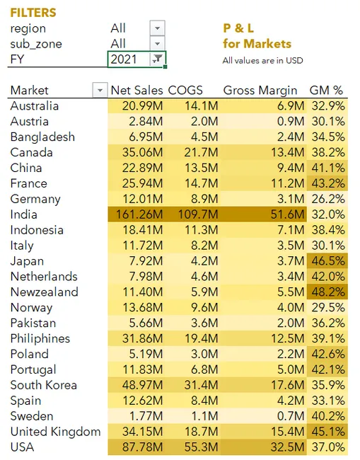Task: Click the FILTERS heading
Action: point(33,13)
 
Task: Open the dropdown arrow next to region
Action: point(157,28)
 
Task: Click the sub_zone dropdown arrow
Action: point(157,44)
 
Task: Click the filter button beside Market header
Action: point(98,91)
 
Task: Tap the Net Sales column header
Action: point(137,91)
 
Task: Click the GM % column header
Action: point(326,91)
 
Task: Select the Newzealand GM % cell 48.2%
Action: point(327,292)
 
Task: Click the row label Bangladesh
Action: point(42,137)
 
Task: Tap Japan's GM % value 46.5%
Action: point(327,260)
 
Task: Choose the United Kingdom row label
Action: point(55,431)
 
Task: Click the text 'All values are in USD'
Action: point(262,60)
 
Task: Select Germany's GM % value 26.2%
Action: point(327,199)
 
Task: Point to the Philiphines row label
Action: point(40,338)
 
